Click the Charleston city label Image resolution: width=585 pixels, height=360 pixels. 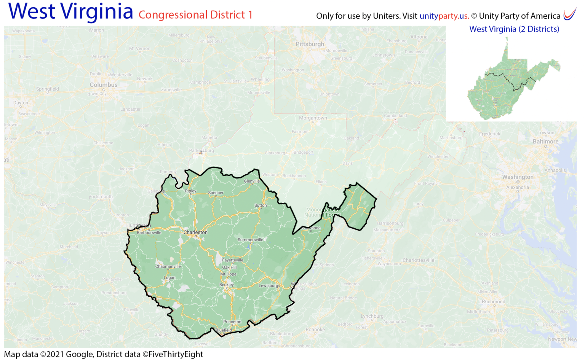click(195, 232)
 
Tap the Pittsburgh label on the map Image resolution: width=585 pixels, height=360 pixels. click(310, 44)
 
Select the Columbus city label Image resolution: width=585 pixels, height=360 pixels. click(104, 85)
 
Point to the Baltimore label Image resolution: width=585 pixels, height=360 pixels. click(545, 142)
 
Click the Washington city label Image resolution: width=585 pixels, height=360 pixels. click(518, 177)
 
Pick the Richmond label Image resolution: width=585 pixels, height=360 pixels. click(493, 302)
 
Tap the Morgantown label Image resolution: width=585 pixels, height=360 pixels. click(313, 118)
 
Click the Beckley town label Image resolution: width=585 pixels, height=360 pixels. click(226, 285)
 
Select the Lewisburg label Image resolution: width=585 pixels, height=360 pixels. click(269, 285)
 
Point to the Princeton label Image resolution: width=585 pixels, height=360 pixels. click(232, 322)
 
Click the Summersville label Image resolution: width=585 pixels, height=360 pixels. click(250, 240)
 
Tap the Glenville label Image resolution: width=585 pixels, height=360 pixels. click(252, 181)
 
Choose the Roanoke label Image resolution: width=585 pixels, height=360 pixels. click(315, 330)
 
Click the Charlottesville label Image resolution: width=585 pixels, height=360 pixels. click(418, 260)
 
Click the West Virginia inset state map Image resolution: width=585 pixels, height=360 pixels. click(510, 84)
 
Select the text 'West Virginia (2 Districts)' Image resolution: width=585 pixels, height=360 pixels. click(514, 29)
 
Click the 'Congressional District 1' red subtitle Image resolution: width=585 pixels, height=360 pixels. click(195, 15)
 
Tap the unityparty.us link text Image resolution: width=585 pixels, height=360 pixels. click(444, 16)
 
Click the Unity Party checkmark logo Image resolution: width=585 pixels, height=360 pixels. click(569, 14)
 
